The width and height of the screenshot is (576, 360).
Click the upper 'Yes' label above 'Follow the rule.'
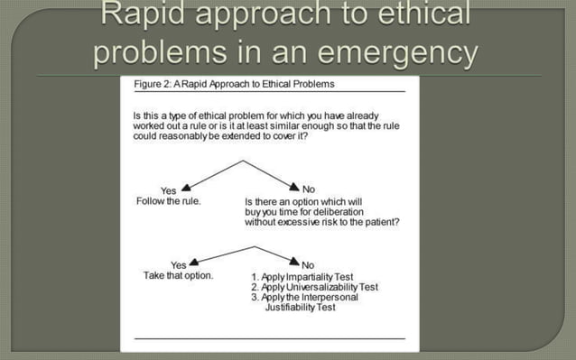(168, 190)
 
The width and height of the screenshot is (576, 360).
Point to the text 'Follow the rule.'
(168, 200)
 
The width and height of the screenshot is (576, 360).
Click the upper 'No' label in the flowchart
(308, 190)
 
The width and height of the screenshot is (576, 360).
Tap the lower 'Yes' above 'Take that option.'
(178, 264)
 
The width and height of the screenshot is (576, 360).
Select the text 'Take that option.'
(178, 275)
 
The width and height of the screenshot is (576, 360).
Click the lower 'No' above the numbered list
(307, 264)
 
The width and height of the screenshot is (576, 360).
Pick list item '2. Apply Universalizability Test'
(314, 287)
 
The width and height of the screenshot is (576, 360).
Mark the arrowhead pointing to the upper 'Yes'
(185, 185)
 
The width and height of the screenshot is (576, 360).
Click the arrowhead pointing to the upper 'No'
(294, 185)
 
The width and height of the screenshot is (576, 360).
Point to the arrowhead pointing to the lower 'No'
(293, 261)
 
